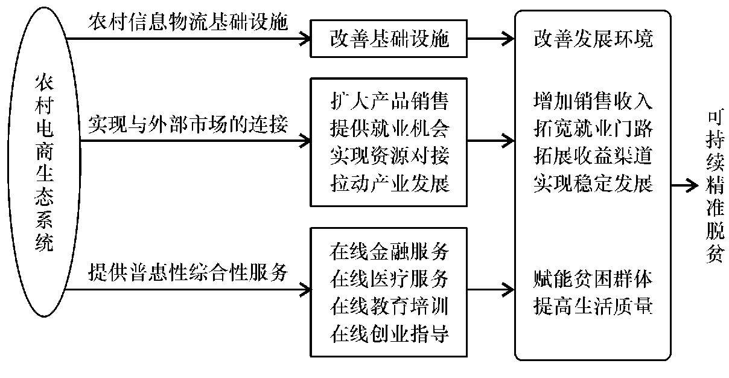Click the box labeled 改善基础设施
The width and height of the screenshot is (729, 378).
click(389, 40)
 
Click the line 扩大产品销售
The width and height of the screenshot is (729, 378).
click(389, 100)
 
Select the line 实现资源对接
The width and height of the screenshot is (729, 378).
click(389, 156)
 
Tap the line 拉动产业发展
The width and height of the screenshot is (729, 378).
click(389, 183)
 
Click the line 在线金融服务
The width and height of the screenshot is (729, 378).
click(389, 249)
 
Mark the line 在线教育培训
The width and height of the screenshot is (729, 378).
click(389, 306)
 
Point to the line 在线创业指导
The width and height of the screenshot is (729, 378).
click(389, 333)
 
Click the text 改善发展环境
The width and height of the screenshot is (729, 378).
click(593, 40)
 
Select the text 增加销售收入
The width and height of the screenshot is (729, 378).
click(593, 100)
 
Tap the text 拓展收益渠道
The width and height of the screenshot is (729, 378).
click(593, 156)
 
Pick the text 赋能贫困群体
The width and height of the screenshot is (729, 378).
click(593, 279)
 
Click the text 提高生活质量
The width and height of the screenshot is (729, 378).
click(593, 307)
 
